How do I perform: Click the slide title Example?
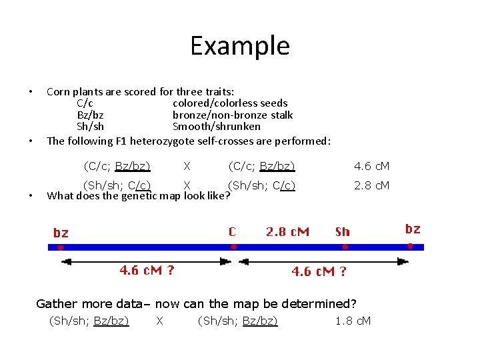[x=240, y=46]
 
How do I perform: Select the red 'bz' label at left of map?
[x=61, y=233]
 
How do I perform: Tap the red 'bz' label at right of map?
[x=413, y=229]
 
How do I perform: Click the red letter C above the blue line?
[x=232, y=232]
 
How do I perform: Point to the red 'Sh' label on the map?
[x=342, y=232]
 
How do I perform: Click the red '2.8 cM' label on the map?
[x=287, y=232]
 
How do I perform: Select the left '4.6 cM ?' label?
[x=147, y=270]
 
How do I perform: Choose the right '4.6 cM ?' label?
[x=319, y=271]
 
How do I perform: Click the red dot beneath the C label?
[x=234, y=247]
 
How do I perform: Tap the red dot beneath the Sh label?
[x=345, y=247]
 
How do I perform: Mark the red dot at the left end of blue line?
[x=61, y=247]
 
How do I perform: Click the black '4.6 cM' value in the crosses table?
[x=372, y=166]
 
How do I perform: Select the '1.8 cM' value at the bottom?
[x=353, y=321]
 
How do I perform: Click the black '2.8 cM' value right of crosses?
[x=372, y=185]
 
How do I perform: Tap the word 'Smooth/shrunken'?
[x=217, y=127]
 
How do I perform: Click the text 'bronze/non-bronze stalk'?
[x=233, y=115]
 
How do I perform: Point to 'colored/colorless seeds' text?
[x=230, y=103]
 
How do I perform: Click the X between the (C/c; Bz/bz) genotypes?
[x=187, y=166]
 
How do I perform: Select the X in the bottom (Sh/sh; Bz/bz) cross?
[x=159, y=321]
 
